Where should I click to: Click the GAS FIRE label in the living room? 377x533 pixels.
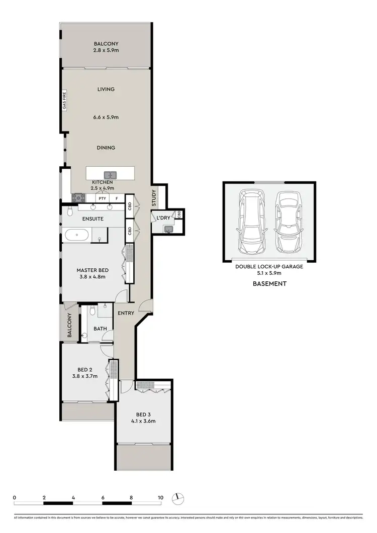tap(64, 103)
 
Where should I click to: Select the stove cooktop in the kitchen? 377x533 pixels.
tap(78, 198)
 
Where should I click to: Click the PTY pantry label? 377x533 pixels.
tap(102, 198)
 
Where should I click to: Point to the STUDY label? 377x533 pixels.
tap(154, 198)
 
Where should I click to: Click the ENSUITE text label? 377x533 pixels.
tap(93, 219)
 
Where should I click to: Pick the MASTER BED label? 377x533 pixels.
tap(92, 270)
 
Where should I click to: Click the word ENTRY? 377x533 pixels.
tap(126, 313)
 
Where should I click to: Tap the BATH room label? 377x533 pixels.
tap(101, 329)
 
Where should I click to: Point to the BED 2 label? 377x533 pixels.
tap(84, 369)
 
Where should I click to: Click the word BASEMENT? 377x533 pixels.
tap(269, 283)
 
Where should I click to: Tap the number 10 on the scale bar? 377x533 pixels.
tap(160, 497)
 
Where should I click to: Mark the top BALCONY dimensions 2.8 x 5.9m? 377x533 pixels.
tap(106, 51)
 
